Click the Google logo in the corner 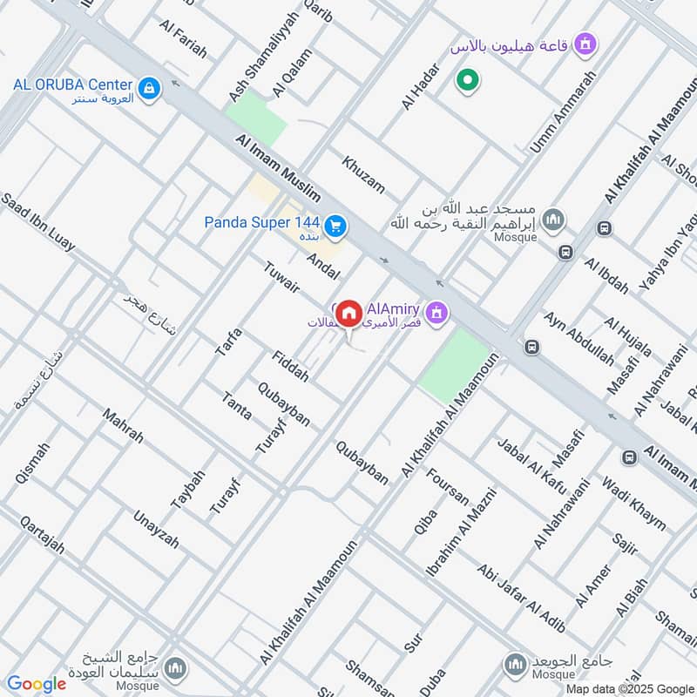pyautogui.click(x=36, y=684)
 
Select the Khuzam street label pyautogui.click(x=362, y=175)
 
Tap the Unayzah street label pyautogui.click(x=155, y=529)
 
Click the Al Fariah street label pyautogui.click(x=183, y=38)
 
